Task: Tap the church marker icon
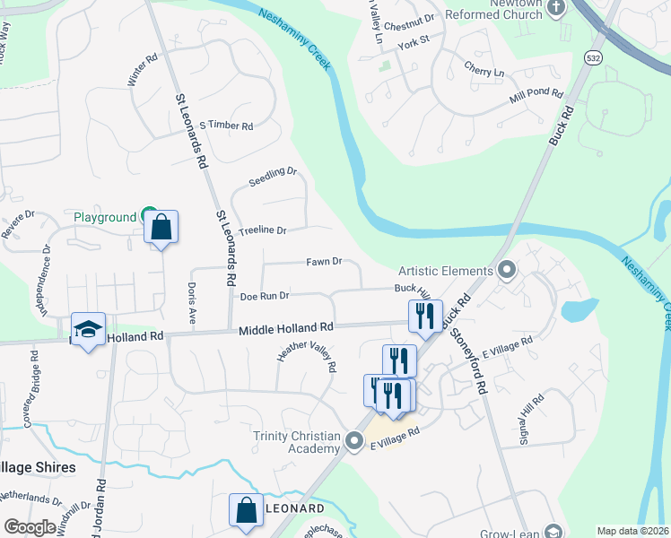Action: pyautogui.click(x=557, y=9)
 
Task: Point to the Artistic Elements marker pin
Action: pyautogui.click(x=507, y=270)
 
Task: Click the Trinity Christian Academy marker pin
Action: pyautogui.click(x=355, y=441)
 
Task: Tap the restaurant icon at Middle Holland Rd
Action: pyautogui.click(x=425, y=316)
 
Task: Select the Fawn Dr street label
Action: pyautogui.click(x=324, y=262)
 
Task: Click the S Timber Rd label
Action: pyautogui.click(x=226, y=126)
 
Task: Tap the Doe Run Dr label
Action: pyautogui.click(x=264, y=295)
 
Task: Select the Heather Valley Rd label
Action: pyautogui.click(x=307, y=355)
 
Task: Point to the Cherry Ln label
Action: pyautogui.click(x=484, y=71)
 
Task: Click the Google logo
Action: pyautogui.click(x=30, y=527)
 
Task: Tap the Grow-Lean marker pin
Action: pyautogui.click(x=554, y=532)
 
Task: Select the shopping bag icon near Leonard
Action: pyautogui.click(x=246, y=509)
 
